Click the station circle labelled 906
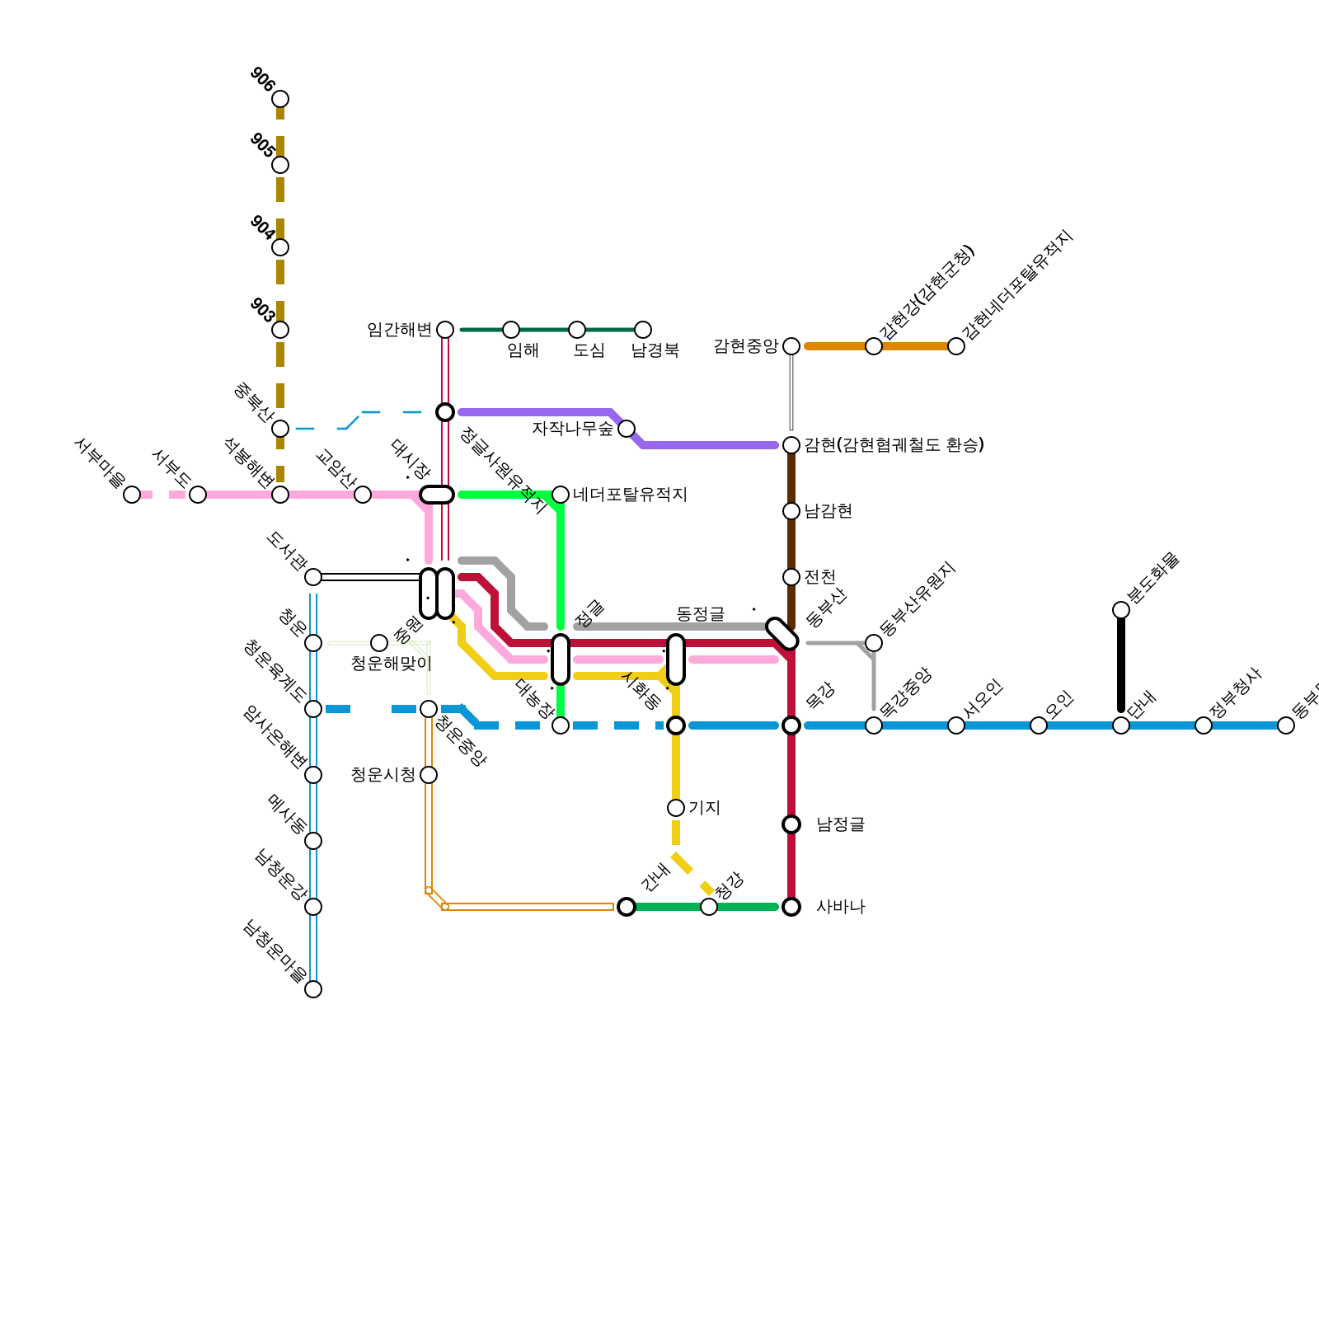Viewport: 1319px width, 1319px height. pos(280,99)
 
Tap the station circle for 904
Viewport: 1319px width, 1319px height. pos(280,247)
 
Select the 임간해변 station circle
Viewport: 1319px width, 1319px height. pos(445,330)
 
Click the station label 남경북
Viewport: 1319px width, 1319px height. pos(655,350)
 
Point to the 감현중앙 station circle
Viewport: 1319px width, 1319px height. pos(791,346)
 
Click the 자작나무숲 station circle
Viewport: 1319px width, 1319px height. pos(627,429)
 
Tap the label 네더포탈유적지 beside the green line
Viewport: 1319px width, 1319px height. pos(630,495)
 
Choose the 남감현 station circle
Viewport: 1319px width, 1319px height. pos(791,511)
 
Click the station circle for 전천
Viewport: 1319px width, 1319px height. pos(791,577)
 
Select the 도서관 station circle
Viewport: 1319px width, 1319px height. pos(313,577)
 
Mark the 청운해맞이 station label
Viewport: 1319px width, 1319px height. pos(391,664)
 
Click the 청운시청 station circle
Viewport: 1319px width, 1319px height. pos(429,775)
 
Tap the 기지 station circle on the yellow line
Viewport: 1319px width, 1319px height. pos(676,808)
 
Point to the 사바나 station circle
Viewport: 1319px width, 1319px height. pos(791,907)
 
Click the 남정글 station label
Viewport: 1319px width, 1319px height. pos(840,824)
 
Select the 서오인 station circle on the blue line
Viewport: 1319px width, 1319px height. pos(956,725)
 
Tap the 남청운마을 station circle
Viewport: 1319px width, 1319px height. pos(313,989)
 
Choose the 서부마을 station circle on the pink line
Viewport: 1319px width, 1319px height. pos(132,495)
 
